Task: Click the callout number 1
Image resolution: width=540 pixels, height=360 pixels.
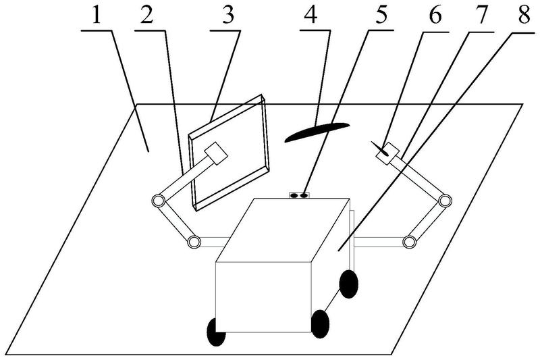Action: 97,15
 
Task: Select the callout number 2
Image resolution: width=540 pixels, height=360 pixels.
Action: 146,15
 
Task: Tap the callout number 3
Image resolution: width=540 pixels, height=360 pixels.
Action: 228,15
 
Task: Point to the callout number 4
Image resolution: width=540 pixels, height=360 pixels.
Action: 311,15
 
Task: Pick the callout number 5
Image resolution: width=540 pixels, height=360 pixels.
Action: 381,15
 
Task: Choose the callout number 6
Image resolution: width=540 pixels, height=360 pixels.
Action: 435,15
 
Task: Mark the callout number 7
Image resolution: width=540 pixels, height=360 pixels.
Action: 481,15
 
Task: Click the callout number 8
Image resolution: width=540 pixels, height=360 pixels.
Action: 524,15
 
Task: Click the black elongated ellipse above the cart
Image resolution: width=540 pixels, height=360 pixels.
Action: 317,132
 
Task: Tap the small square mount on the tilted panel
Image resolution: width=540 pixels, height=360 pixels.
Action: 216,153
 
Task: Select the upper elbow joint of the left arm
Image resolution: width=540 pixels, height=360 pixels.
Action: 158,201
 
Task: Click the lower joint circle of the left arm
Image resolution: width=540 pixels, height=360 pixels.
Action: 194,242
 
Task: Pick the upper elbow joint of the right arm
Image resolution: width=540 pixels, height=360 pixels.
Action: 445,200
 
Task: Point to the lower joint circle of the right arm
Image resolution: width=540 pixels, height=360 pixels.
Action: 409,242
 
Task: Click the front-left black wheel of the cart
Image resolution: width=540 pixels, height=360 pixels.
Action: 216,332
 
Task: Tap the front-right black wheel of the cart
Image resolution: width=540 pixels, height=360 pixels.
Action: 320,324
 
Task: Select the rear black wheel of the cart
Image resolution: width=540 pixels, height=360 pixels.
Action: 348,284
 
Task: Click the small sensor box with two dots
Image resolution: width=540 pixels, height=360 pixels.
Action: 299,195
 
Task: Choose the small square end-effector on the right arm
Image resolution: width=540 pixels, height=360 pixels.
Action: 387,153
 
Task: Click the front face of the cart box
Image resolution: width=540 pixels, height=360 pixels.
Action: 263,297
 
